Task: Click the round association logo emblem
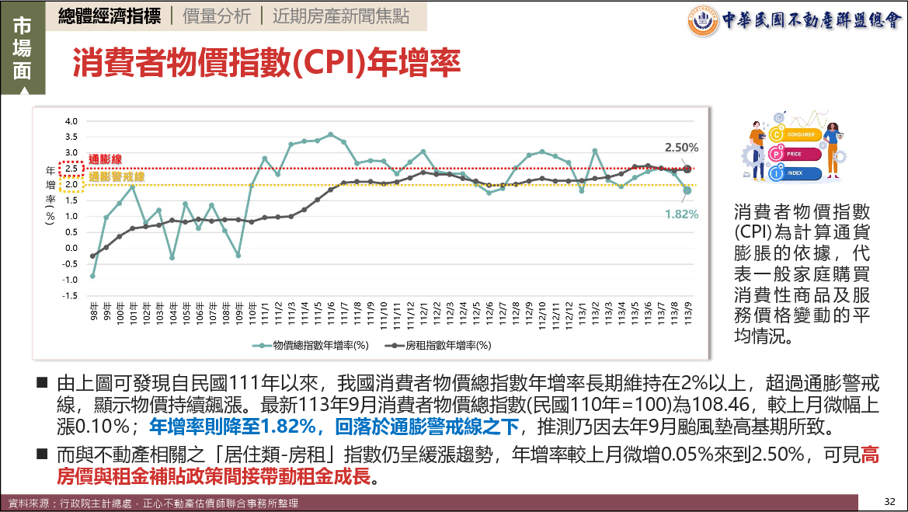pos(703,21)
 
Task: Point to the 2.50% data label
pos(681,147)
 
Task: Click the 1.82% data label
pos(681,214)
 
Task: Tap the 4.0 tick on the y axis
pos(71,121)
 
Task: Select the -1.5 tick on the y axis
pos(70,296)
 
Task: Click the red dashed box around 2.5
pos(71,169)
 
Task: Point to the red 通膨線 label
pos(105,159)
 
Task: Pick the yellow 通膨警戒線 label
pos(117,177)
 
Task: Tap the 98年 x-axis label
pos(93,315)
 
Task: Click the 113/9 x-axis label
pos(687,315)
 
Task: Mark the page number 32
pos(890,500)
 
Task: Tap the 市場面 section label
pos(22,47)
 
